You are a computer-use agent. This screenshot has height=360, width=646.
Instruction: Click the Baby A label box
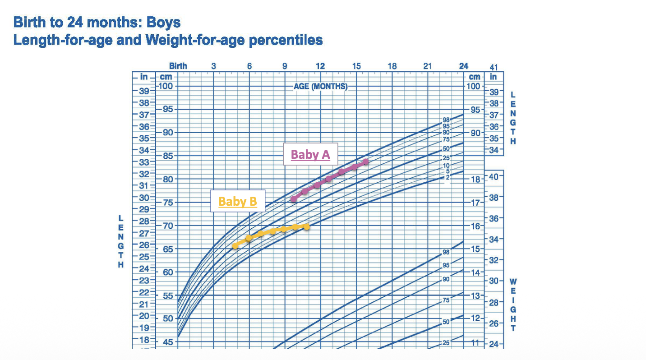tap(310, 155)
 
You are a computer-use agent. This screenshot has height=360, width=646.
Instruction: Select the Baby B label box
tap(238, 201)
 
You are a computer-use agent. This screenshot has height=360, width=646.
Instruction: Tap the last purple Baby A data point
tap(365, 162)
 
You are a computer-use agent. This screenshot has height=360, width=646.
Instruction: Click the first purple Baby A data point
tap(294, 198)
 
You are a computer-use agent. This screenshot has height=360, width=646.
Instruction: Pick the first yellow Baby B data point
tap(235, 245)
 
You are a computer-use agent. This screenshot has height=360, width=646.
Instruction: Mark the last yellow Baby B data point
tap(307, 226)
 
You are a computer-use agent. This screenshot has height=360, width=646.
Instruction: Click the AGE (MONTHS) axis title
tap(320, 86)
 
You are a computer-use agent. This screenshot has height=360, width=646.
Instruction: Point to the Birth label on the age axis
tap(178, 66)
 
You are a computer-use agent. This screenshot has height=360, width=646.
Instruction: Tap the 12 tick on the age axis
tap(320, 66)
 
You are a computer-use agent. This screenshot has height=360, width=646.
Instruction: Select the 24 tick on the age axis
tap(463, 66)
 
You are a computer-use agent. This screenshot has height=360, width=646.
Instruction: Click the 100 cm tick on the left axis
tap(166, 86)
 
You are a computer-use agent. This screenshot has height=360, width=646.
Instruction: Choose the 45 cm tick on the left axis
tap(166, 342)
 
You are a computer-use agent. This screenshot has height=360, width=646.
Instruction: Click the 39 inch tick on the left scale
tap(144, 91)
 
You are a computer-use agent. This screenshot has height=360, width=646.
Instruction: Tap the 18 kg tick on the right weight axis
tap(475, 179)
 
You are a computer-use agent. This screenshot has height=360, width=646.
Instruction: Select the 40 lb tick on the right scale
tap(494, 176)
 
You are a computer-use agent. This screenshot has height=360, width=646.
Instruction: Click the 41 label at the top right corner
tap(493, 67)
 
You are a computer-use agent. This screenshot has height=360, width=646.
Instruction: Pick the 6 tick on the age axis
tap(249, 66)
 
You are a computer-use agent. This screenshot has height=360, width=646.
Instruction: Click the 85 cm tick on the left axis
tap(166, 156)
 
